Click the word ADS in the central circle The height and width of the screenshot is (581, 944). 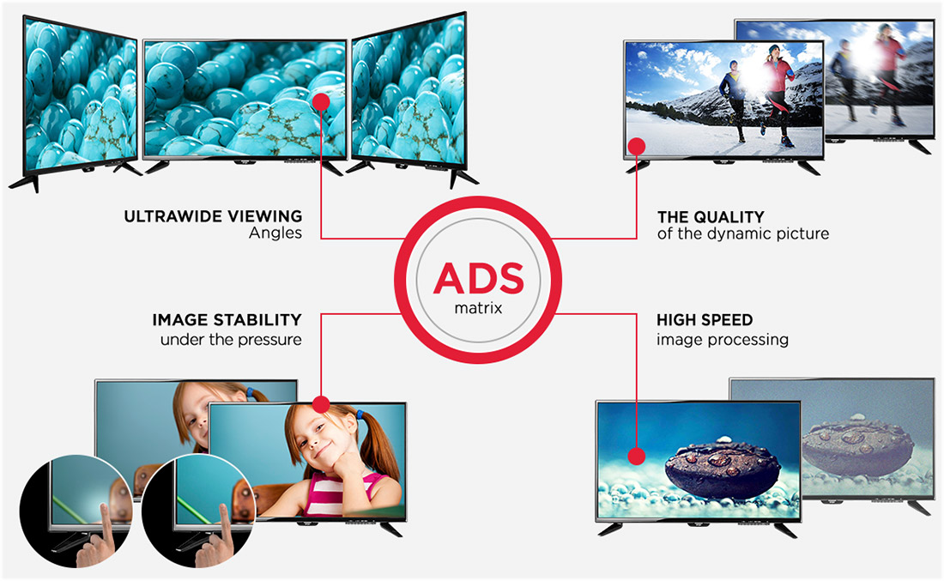[x=479, y=278]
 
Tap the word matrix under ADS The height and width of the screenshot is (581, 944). [x=479, y=308]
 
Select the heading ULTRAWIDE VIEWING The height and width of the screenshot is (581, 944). [x=213, y=216]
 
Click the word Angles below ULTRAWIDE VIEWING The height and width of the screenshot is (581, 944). [x=275, y=233]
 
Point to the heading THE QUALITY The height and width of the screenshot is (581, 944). [x=711, y=217]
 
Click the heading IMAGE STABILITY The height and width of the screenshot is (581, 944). [x=227, y=320]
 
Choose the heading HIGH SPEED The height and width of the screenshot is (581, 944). [x=705, y=320]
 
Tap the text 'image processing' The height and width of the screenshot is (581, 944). [x=723, y=340]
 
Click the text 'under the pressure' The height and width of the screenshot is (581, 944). [x=231, y=340]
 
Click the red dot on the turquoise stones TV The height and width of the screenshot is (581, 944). [x=322, y=101]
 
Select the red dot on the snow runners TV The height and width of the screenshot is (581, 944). [x=637, y=146]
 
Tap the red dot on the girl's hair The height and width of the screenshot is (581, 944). [x=322, y=404]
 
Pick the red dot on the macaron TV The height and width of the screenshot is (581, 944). [x=637, y=456]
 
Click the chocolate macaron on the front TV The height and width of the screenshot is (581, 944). [x=723, y=469]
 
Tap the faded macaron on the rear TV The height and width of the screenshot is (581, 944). [x=858, y=445]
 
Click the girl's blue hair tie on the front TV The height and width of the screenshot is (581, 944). [x=360, y=415]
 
